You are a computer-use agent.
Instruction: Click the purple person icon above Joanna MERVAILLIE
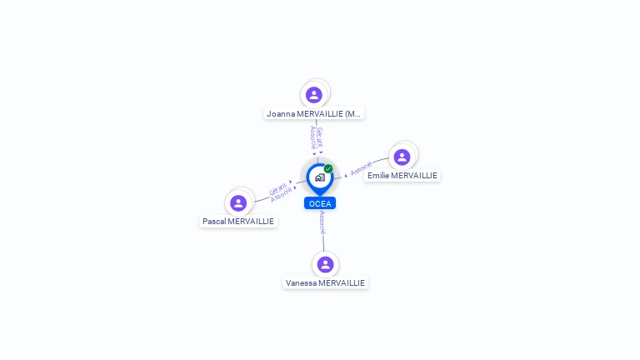tap(314, 94)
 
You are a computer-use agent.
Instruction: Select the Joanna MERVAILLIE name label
tap(314, 113)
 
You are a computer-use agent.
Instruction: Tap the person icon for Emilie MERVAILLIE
tap(402, 157)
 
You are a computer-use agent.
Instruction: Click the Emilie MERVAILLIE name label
tap(402, 176)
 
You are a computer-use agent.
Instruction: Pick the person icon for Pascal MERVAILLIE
tap(238, 202)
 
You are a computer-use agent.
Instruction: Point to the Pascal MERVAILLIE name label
tap(238, 222)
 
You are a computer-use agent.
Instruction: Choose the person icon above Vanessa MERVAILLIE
tap(325, 264)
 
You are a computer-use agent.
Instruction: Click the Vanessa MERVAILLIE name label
tap(325, 283)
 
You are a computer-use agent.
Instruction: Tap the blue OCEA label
tap(320, 203)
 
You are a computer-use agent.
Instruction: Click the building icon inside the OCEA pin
tap(319, 177)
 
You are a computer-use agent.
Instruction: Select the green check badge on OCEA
tap(328, 168)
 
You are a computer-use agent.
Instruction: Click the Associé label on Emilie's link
tap(361, 168)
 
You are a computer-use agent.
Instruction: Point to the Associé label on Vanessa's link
tap(322, 221)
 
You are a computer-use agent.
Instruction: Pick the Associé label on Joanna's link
tap(312, 137)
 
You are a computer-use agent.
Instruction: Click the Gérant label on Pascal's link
tap(277, 190)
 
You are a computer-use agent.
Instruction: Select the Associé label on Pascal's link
tap(282, 195)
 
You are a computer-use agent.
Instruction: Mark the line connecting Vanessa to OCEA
tap(323, 242)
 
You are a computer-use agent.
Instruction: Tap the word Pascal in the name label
tap(215, 222)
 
